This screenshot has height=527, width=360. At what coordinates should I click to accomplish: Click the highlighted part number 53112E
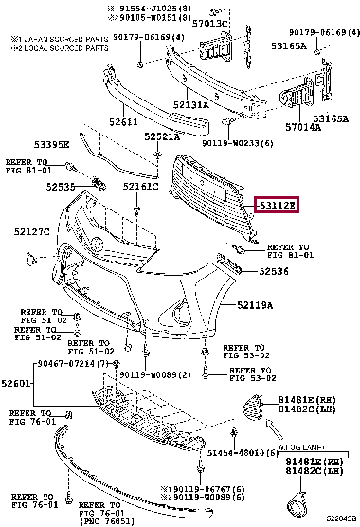tap(278, 204)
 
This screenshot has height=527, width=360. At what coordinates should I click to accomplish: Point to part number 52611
tap(124, 122)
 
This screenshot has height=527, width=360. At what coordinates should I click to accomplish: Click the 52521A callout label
tap(163, 137)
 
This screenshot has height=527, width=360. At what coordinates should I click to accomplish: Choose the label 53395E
tap(53, 145)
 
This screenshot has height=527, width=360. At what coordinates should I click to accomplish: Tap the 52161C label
tap(140, 187)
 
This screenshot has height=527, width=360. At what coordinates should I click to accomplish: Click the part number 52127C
tap(32, 230)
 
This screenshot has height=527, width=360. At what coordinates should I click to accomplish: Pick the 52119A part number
tap(255, 305)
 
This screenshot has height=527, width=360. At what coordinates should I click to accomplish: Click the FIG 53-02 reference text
tap(244, 378)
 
